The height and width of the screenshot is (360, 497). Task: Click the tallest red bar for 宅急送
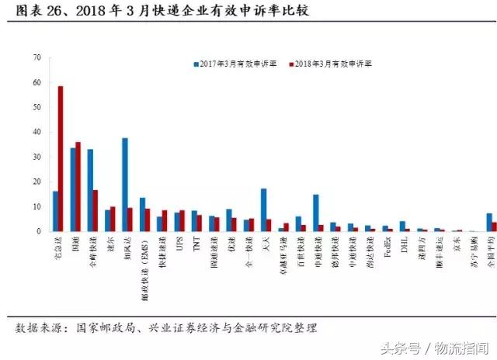pos(61,159)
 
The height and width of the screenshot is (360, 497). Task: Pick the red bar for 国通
pos(78,187)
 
